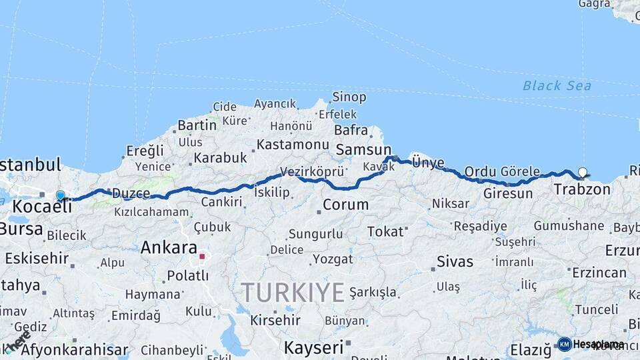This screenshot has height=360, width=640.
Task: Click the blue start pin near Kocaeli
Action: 61,195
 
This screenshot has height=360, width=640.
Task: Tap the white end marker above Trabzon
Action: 583,172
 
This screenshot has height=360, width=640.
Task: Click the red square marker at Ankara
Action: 202,256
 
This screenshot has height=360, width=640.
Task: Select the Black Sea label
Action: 557,85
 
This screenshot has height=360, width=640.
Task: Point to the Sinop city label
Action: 349,97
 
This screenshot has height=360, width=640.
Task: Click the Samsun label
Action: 363,149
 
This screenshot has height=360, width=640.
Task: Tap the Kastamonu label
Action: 293,145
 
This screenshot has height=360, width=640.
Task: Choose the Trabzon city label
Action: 581,189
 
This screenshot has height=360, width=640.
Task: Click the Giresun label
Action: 507,193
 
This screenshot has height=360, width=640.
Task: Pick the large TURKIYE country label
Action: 293,292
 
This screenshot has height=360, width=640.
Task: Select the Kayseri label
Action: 313,347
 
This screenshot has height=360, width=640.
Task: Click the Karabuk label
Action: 220,158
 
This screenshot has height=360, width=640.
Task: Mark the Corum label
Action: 345,205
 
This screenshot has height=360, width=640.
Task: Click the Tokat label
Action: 385,231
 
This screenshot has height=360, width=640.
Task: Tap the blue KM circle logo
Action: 565,344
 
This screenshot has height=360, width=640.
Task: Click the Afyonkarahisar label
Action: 74,350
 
